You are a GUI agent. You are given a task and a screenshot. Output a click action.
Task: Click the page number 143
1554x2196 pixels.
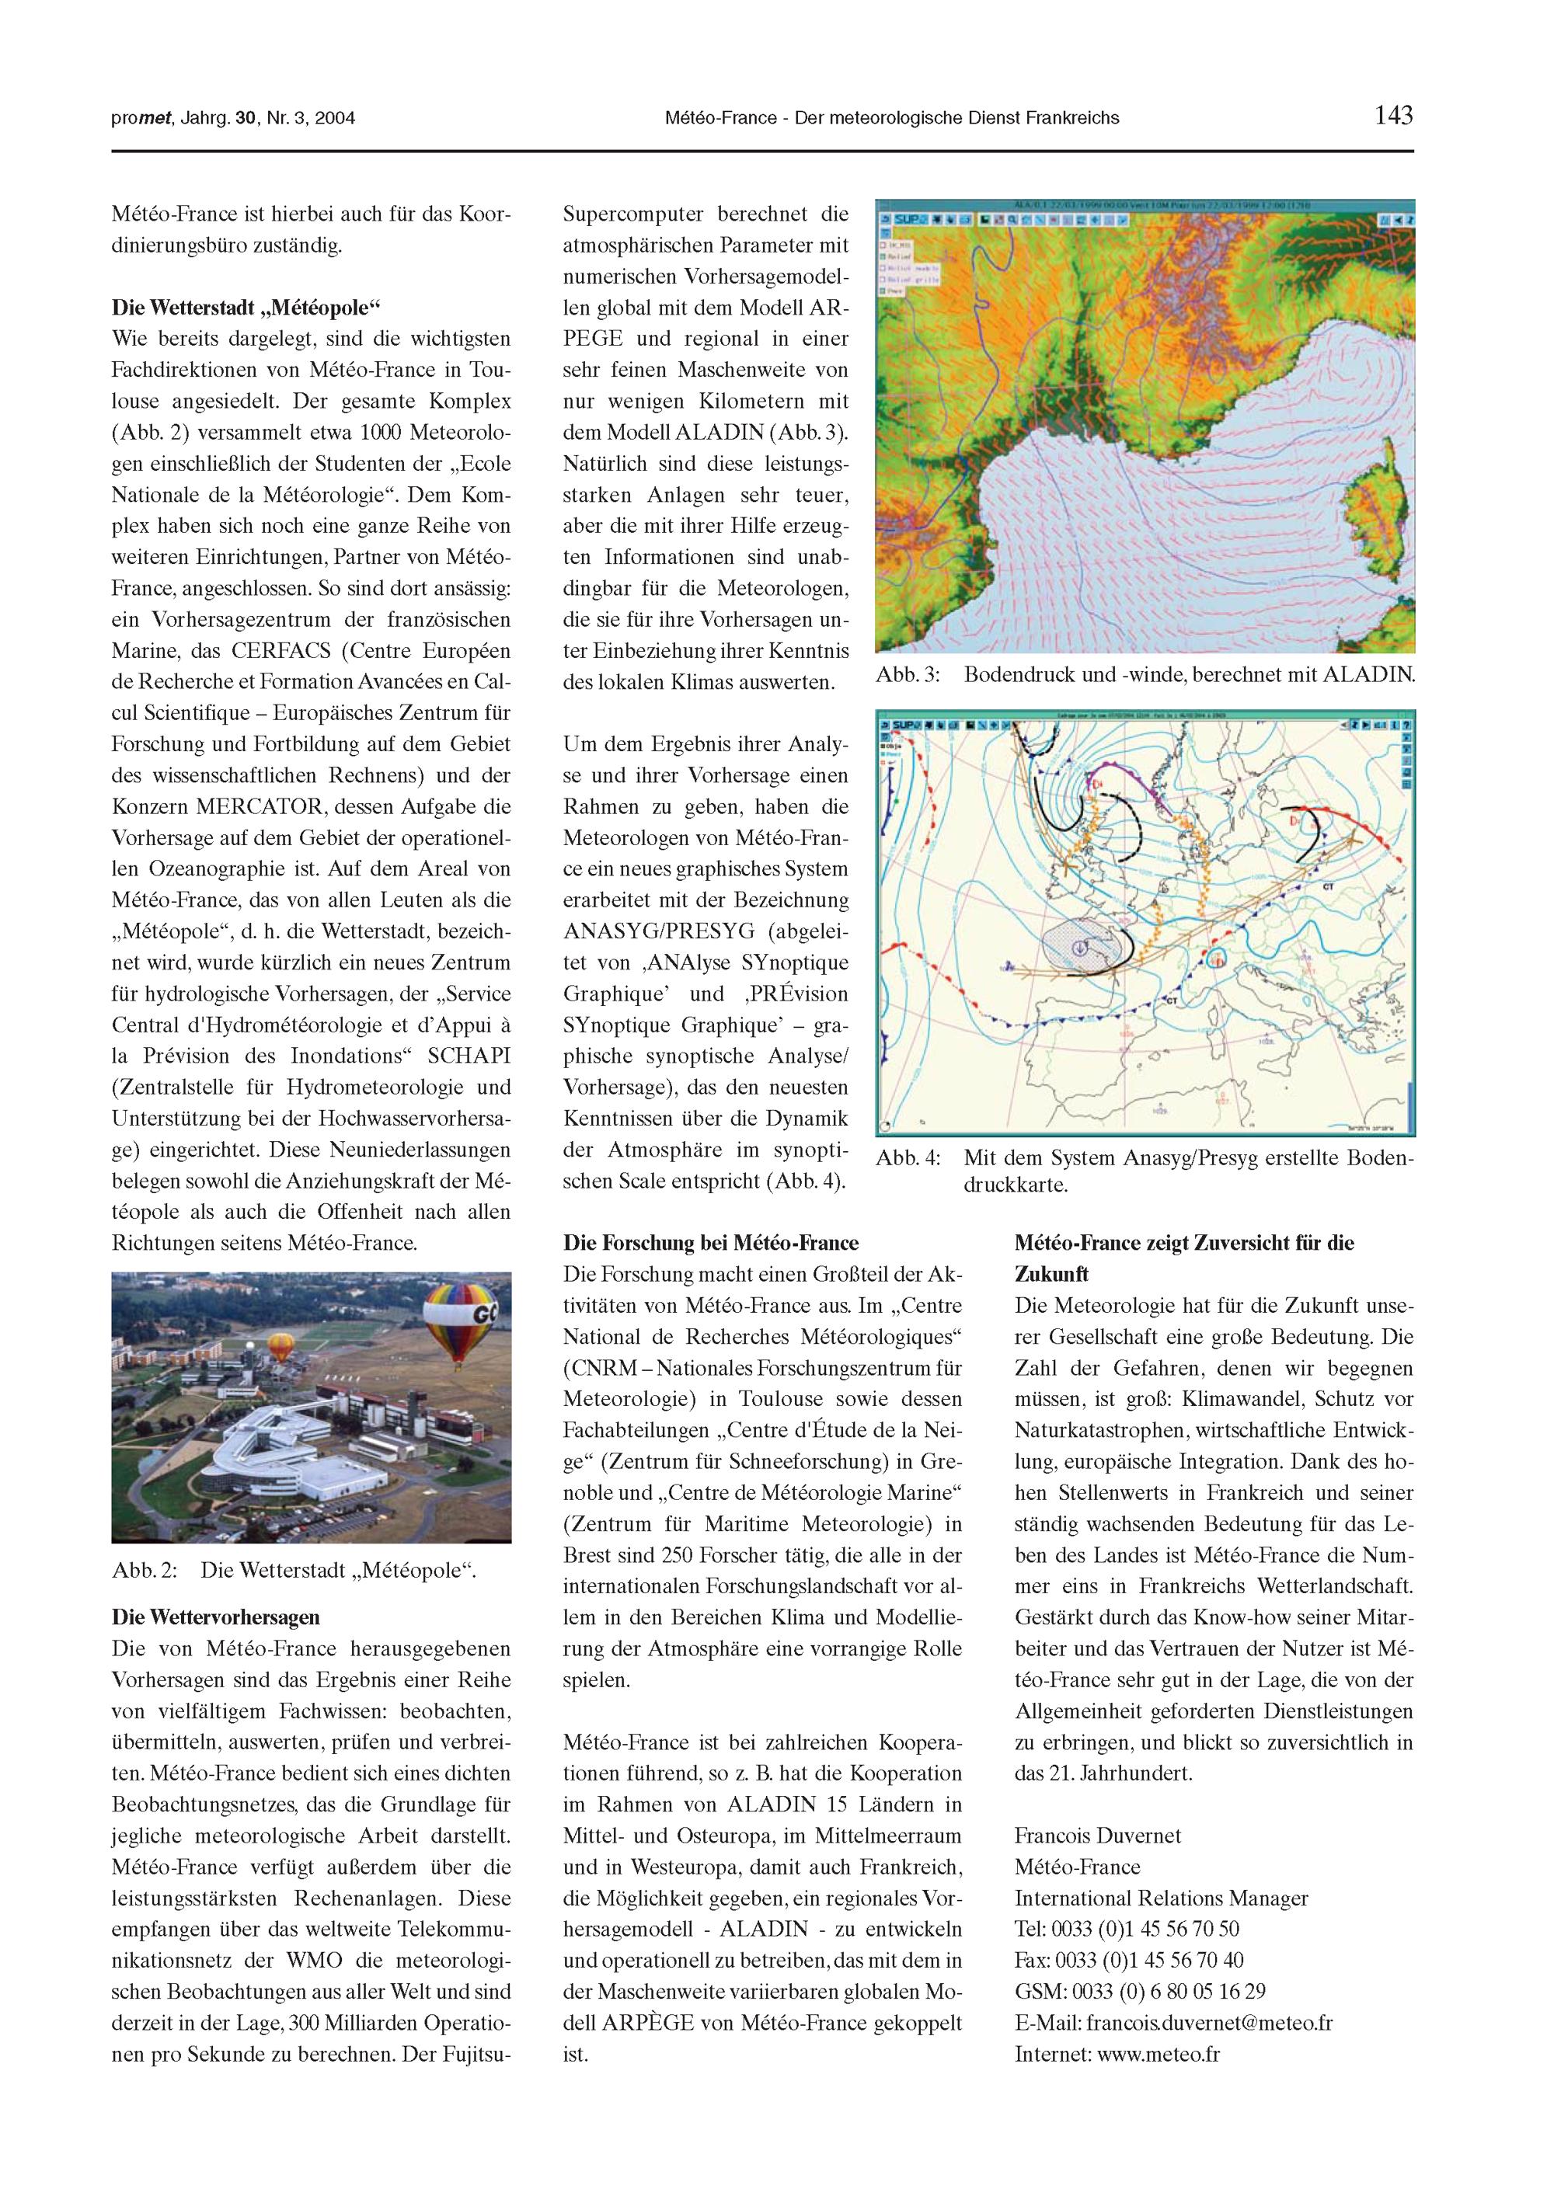click(x=1393, y=117)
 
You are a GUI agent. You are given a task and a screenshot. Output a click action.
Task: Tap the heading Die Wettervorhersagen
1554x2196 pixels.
click(x=216, y=1617)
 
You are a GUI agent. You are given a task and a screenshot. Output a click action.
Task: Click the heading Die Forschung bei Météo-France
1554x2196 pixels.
click(x=711, y=1244)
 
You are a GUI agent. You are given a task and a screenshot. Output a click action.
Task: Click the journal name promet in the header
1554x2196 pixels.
click(x=140, y=119)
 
